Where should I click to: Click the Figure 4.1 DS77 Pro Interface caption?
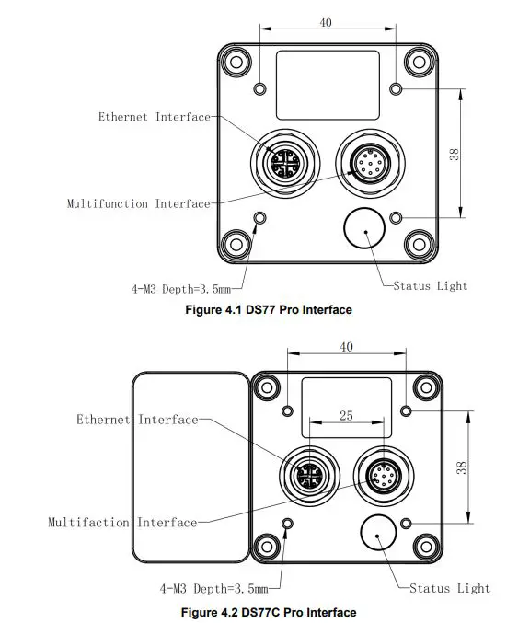[269, 310]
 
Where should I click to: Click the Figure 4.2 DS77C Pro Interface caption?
[269, 612]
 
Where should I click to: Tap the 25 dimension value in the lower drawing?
[346, 416]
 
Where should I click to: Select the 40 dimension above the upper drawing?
[327, 23]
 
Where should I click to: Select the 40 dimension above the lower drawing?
[346, 347]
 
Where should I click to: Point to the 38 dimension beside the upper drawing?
[454, 154]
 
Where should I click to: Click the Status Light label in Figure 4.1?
[430, 286]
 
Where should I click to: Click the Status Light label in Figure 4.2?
[450, 588]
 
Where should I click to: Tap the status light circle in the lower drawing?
[378, 535]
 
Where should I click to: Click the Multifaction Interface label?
[122, 523]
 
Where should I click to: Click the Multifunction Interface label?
[138, 203]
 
